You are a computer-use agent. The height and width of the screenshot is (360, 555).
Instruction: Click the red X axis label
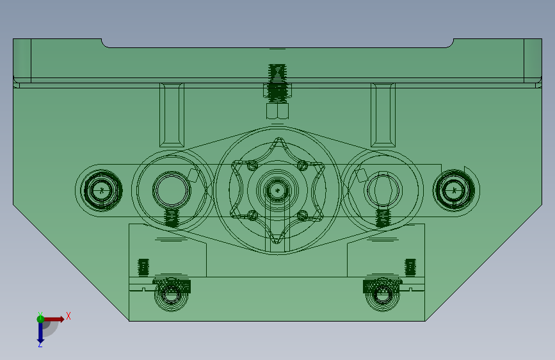pos(68,316)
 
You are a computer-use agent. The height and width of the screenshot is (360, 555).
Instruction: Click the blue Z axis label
pos(40,345)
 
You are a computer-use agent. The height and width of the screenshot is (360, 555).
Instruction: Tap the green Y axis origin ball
pos(40,319)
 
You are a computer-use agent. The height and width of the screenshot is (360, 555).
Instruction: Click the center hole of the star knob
pos(278,191)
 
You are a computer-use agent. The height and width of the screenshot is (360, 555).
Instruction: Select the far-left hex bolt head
pos(102,191)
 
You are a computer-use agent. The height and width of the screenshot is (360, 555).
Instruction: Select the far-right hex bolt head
pos(454,190)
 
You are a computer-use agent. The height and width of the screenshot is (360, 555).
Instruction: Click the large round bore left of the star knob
pos(172,190)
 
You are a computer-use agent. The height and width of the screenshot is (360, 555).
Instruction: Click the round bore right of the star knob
pos(383,190)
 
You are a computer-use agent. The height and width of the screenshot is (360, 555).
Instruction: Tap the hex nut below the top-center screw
pos(278,111)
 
